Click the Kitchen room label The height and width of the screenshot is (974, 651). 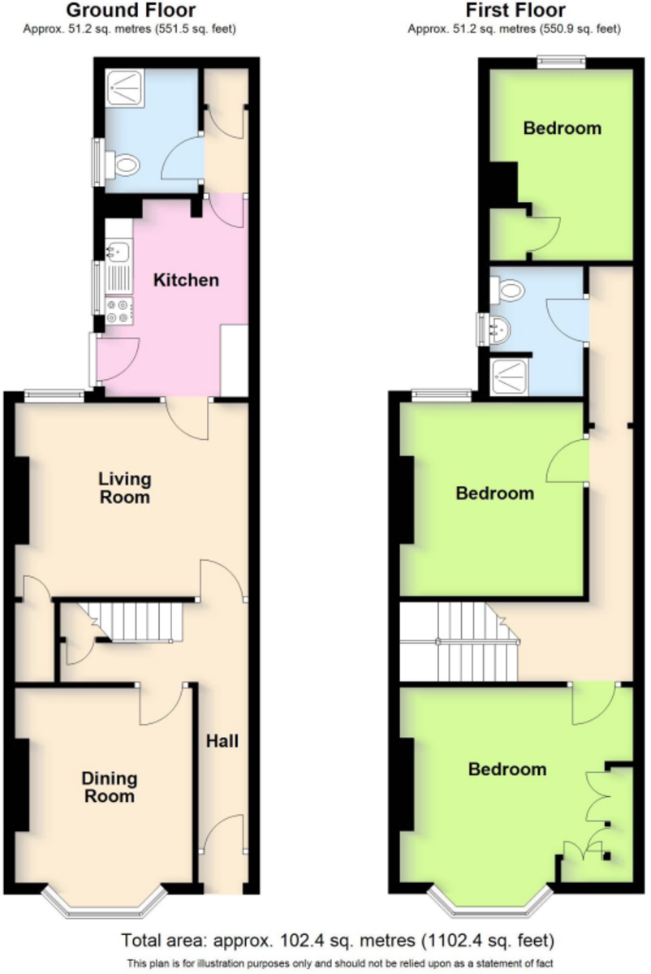(186, 281)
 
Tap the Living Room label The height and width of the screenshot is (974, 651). (125, 488)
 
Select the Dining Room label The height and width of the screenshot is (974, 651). (109, 787)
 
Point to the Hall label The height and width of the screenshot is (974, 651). (222, 741)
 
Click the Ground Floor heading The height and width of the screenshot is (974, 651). (131, 10)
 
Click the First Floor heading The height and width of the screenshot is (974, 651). (515, 10)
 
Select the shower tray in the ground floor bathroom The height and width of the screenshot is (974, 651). (125, 88)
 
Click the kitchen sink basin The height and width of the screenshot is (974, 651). (118, 252)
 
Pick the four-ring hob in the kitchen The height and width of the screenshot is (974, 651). (119, 311)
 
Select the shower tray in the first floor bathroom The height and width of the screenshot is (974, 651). (509, 377)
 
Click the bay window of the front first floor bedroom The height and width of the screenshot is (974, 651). (490, 900)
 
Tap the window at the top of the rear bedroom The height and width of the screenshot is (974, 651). (562, 62)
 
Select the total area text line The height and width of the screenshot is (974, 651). (338, 941)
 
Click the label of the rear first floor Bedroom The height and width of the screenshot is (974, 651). (563, 128)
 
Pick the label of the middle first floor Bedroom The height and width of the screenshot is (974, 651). (495, 493)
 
